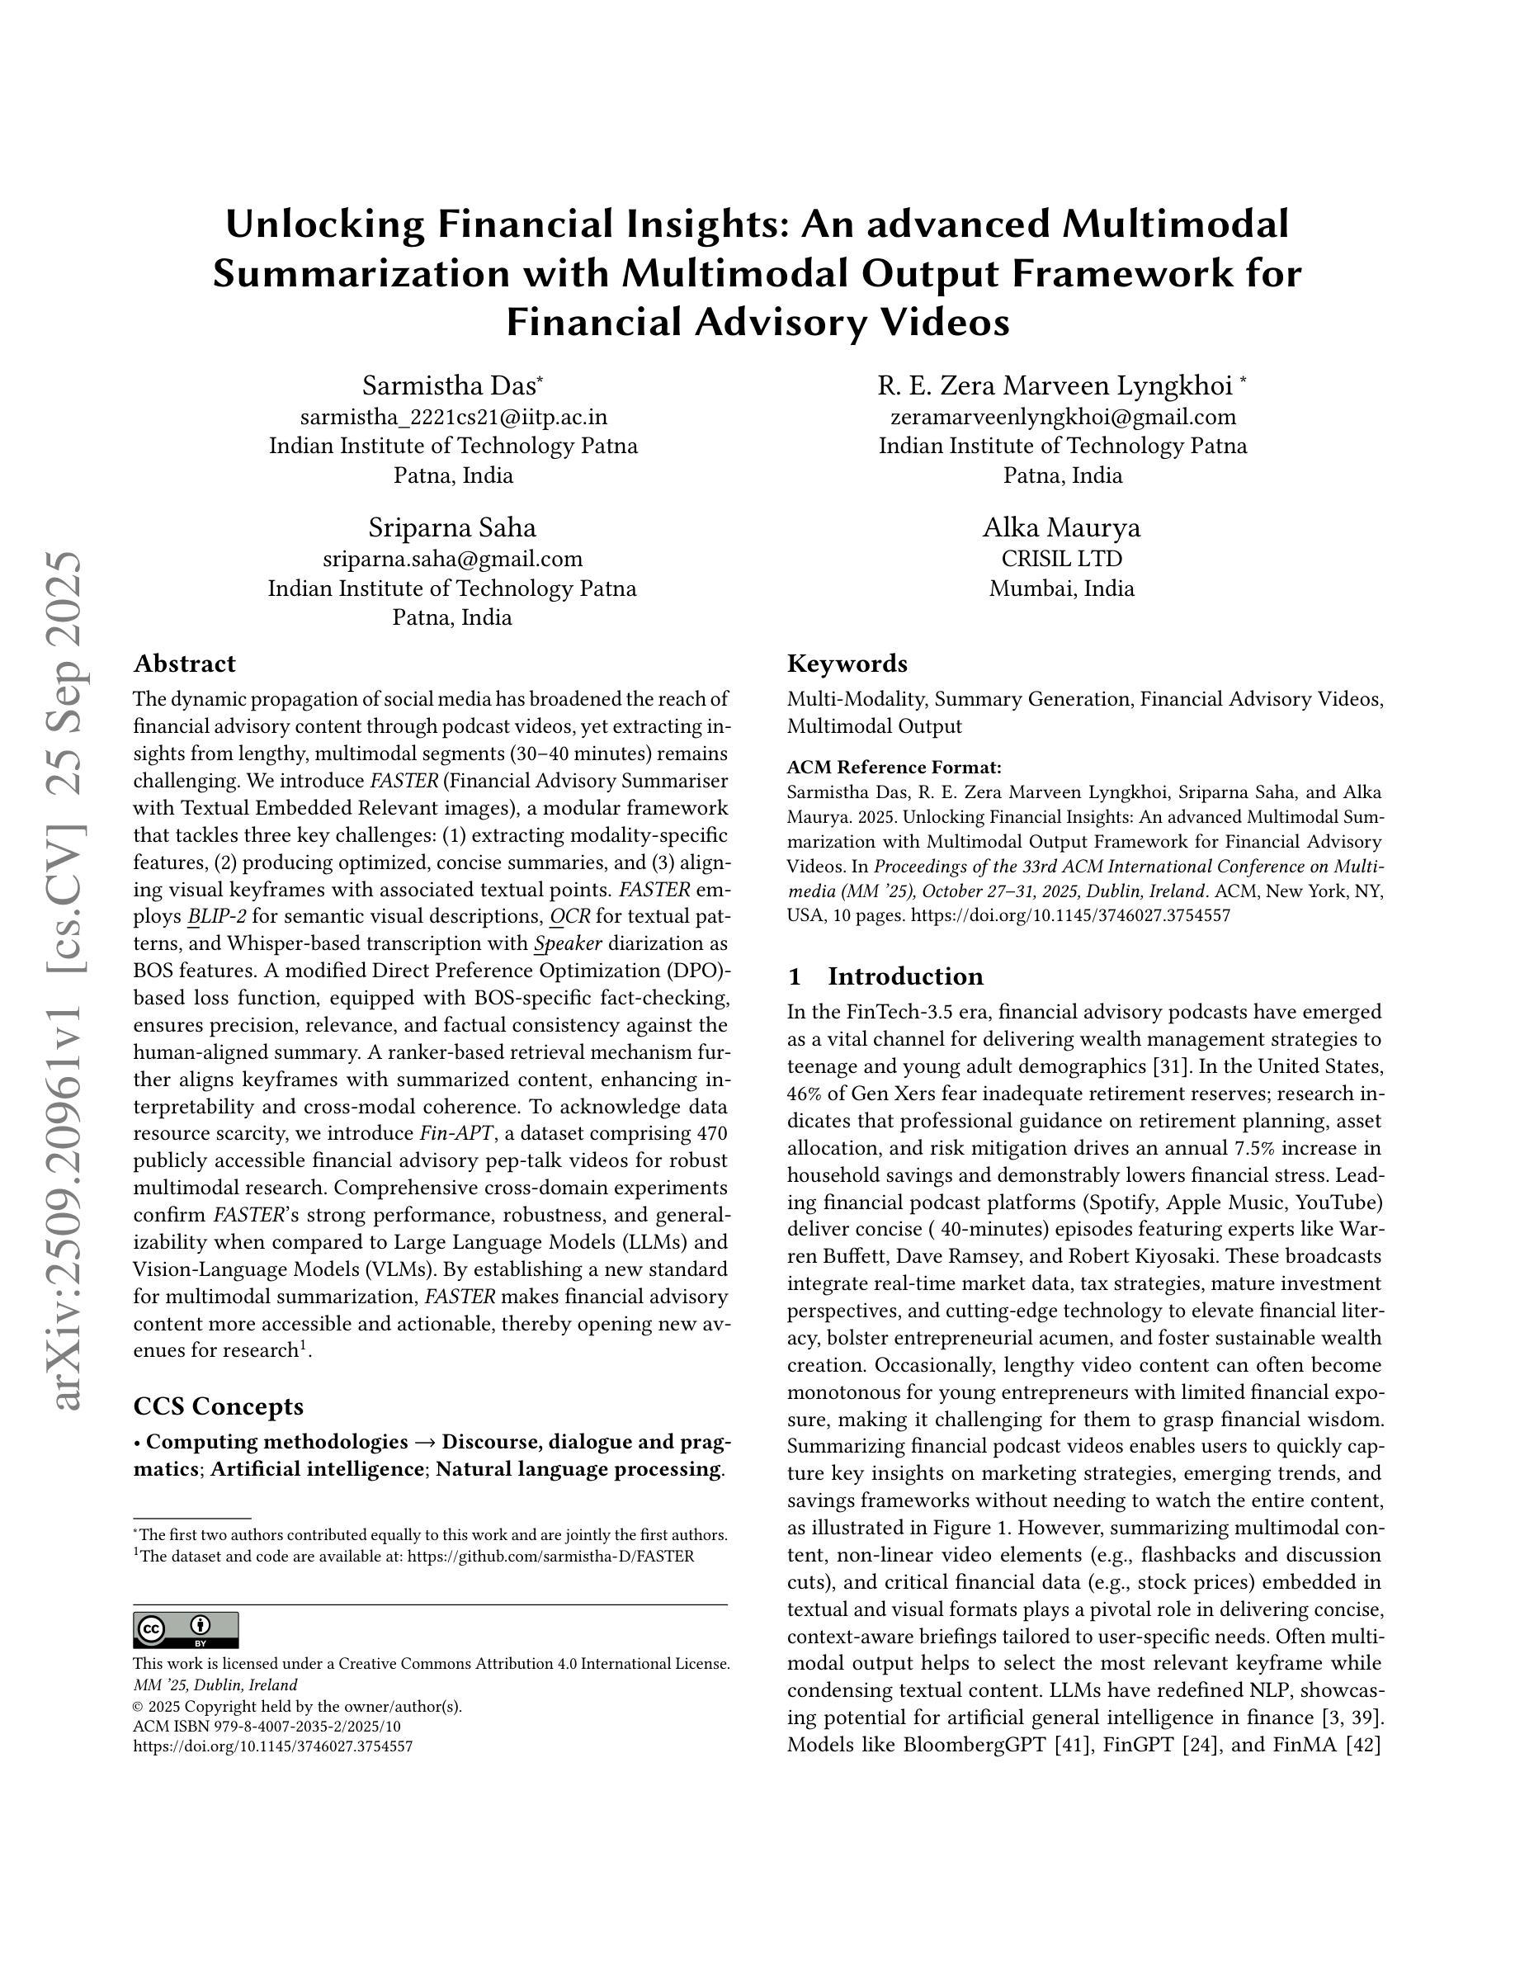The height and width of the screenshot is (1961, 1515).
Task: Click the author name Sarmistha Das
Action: coord(451,385)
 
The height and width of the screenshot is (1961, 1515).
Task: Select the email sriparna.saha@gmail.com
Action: coord(452,559)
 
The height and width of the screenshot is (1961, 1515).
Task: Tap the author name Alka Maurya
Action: coord(1062,527)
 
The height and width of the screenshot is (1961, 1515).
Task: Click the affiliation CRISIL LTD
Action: coord(1062,559)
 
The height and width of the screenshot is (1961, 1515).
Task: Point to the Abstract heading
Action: coord(184,664)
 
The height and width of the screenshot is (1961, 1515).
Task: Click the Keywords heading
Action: coord(847,664)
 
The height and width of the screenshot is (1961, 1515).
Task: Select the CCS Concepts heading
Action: coord(218,1406)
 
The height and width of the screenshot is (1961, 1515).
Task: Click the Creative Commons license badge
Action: coord(186,1630)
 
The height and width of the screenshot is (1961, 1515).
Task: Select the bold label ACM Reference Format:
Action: coord(894,767)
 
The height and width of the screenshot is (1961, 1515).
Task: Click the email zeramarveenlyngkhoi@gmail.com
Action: coord(1063,417)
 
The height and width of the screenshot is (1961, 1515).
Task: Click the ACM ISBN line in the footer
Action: coord(267,1726)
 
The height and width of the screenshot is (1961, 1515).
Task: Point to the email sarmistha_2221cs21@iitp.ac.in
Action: coord(453,417)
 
